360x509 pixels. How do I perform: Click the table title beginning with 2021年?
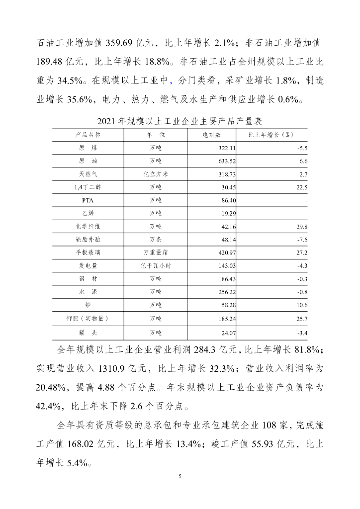(180, 121)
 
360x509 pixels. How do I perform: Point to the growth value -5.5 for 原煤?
(301, 148)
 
